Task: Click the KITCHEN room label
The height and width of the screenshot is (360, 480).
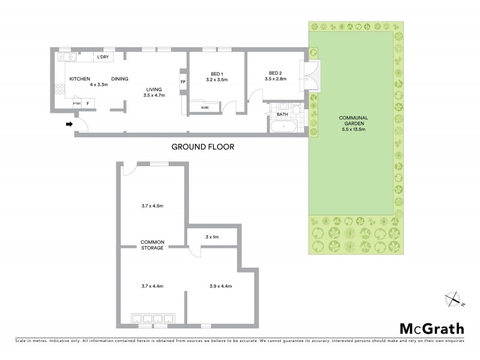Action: point(80,79)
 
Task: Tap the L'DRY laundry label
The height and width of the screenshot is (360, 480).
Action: point(103,57)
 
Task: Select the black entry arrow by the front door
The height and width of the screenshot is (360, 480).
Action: point(69,124)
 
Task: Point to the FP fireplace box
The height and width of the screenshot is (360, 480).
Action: point(182,82)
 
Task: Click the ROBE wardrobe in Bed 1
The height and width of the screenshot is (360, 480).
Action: point(205,107)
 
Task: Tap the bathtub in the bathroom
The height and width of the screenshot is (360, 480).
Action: point(283,127)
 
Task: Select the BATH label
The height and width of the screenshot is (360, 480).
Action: point(283,114)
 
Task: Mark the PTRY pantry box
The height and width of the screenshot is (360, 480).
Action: point(77,104)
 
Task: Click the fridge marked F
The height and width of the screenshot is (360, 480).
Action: point(88,104)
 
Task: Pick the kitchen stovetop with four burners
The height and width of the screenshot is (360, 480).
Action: point(59,89)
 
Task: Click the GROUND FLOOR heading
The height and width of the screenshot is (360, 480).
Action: point(202,146)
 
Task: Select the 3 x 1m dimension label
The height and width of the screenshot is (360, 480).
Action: point(212,237)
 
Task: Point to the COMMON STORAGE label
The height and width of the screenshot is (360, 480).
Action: point(152,245)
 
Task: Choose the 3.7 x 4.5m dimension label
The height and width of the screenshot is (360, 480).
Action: point(152,206)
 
